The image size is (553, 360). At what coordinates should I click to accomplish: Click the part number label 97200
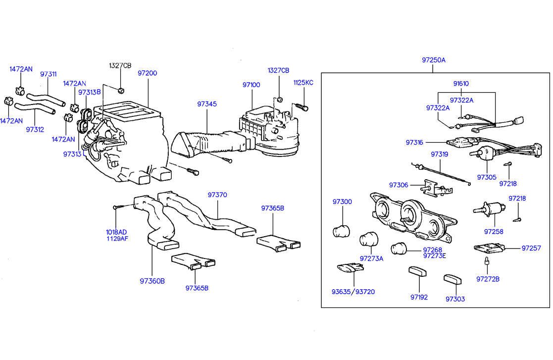click(147, 73)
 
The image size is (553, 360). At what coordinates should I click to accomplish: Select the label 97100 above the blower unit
click(251, 85)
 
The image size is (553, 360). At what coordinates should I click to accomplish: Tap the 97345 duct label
click(206, 104)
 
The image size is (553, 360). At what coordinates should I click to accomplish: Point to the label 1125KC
click(303, 83)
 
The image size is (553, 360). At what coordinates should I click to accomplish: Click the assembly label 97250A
click(434, 60)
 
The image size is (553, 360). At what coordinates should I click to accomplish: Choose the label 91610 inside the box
click(460, 84)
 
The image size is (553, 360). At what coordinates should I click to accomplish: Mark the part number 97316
click(414, 142)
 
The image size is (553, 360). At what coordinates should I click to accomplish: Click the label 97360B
click(152, 281)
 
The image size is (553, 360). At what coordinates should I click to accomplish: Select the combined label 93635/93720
click(353, 292)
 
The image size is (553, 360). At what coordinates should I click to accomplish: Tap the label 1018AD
click(117, 232)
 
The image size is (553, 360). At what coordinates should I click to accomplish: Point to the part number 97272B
click(488, 279)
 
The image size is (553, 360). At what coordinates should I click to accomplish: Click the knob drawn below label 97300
click(341, 231)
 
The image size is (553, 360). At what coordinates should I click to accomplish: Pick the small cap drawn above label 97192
click(418, 272)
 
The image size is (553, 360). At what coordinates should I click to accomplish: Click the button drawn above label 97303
click(453, 279)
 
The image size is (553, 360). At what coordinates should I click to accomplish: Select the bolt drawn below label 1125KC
click(302, 106)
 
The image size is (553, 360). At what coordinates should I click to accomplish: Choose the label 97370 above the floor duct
click(217, 195)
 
